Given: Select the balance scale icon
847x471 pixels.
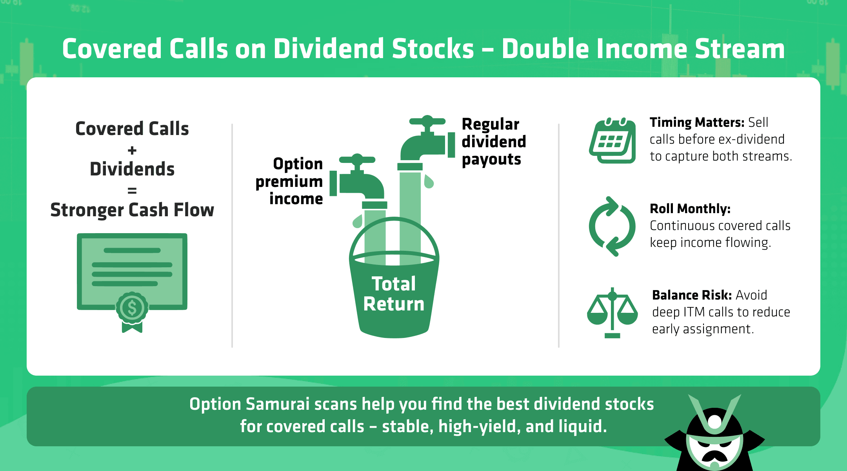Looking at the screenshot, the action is pyautogui.click(x=613, y=313).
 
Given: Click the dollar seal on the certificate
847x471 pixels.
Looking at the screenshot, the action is pyautogui.click(x=132, y=308).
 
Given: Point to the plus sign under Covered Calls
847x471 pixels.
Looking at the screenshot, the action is pyautogui.click(x=132, y=150).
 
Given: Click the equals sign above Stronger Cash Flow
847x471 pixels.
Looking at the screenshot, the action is pyautogui.click(x=132, y=191).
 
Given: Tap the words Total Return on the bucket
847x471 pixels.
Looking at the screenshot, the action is pyautogui.click(x=394, y=294).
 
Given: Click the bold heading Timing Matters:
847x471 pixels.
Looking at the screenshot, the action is pyautogui.click(x=697, y=122).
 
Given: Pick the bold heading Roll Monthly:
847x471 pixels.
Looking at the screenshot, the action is pyautogui.click(x=690, y=209).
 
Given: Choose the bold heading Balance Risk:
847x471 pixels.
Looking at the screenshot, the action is pyautogui.click(x=692, y=295).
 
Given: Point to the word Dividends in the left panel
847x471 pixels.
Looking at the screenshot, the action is pyautogui.click(x=132, y=169).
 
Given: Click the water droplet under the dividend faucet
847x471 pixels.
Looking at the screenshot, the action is pyautogui.click(x=429, y=181).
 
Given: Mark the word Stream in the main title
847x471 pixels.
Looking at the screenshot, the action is pyautogui.click(x=740, y=49).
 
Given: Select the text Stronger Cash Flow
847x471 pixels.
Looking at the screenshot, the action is pyautogui.click(x=132, y=210).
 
